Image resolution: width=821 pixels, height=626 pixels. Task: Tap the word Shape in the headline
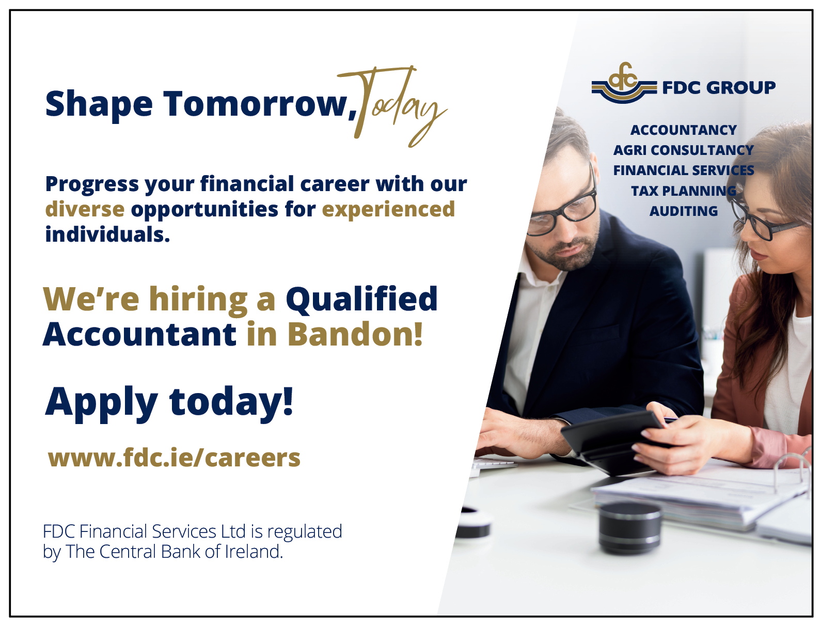[x=99, y=105]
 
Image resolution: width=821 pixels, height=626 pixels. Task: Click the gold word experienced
[x=388, y=210]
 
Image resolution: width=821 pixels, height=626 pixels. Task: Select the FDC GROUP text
[x=719, y=88]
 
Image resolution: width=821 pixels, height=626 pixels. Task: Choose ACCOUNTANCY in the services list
[x=683, y=130]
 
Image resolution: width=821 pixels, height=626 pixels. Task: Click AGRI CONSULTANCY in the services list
[x=683, y=150]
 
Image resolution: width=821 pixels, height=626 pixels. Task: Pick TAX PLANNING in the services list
[x=683, y=191]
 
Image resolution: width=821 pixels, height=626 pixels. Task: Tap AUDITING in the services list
[x=683, y=211]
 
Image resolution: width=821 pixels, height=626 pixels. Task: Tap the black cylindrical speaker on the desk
[x=630, y=527]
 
